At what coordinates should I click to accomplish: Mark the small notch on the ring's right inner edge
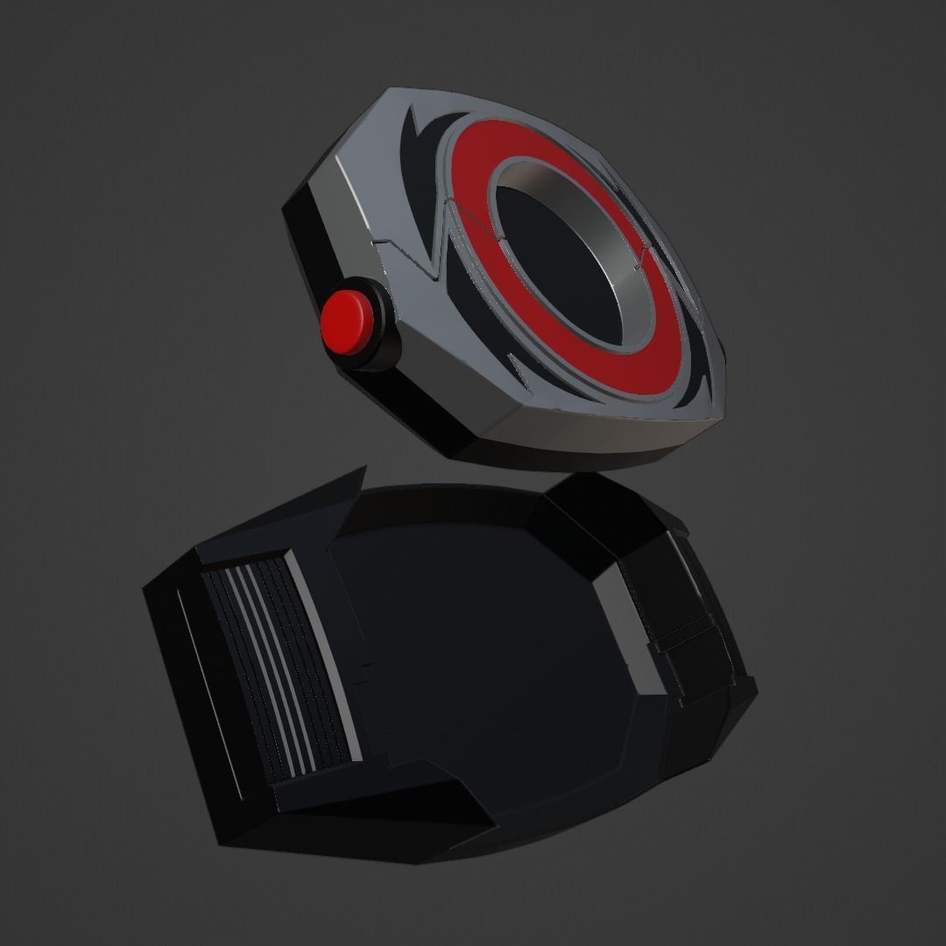click(646, 254)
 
